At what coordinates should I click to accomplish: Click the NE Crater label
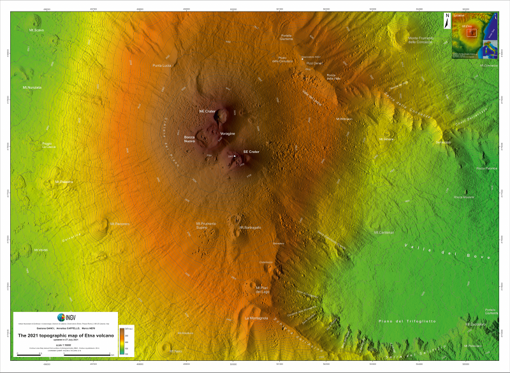(x=208, y=112)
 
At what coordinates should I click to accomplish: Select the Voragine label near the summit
(x=228, y=133)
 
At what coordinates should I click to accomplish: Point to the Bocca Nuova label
(x=189, y=139)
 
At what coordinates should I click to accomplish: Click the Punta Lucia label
(x=162, y=65)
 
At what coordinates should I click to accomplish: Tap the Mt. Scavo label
(x=36, y=30)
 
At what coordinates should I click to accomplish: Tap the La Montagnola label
(x=256, y=318)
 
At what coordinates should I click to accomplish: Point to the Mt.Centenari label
(x=384, y=231)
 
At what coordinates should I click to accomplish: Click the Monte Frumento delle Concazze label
(x=420, y=40)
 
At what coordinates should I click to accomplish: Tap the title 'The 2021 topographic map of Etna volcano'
(x=66, y=335)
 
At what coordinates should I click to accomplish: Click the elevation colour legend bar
(x=122, y=342)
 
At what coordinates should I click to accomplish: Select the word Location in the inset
(x=460, y=15)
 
